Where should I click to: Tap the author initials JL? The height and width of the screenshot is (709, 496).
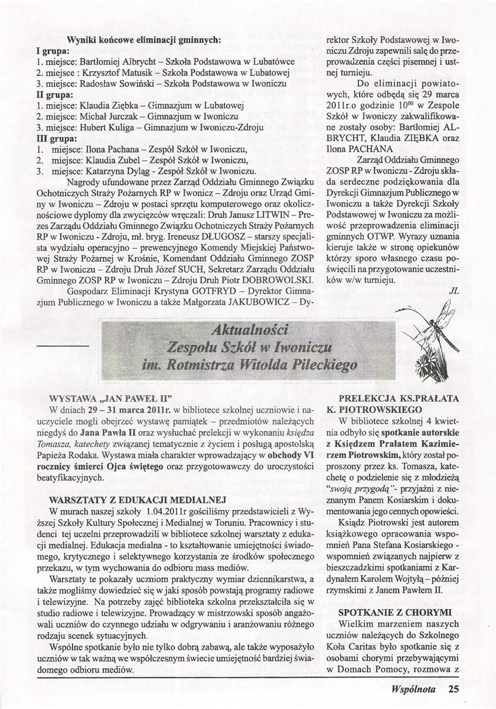pyautogui.click(x=453, y=290)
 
